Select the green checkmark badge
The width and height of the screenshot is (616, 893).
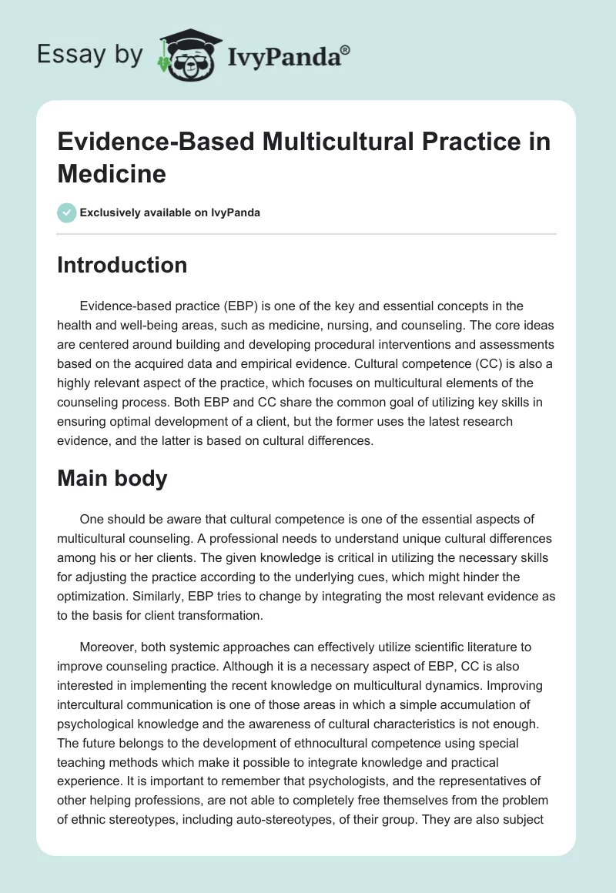pos(67,212)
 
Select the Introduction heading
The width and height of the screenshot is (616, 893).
pos(122,265)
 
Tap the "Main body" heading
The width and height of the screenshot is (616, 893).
pos(112,478)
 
